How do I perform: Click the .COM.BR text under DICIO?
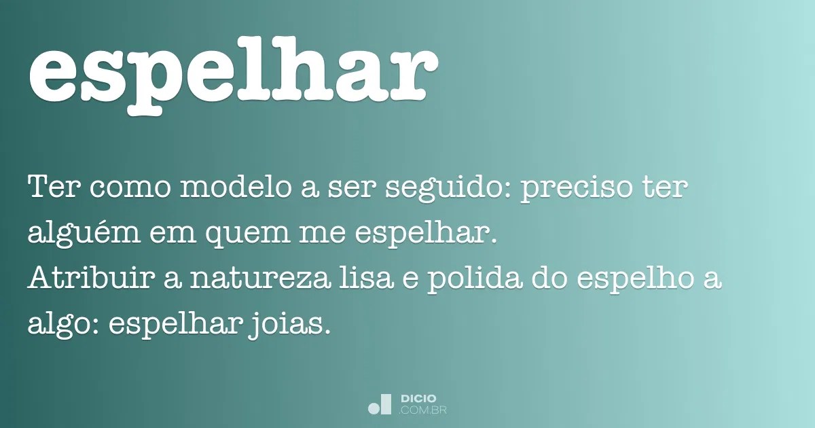(x=423, y=410)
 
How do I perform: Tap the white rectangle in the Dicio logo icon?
(x=386, y=404)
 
